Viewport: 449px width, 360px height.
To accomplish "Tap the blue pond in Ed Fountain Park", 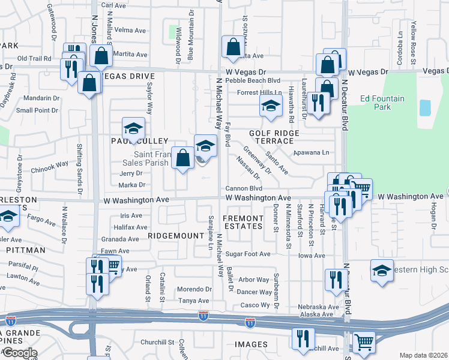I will tap(425, 108).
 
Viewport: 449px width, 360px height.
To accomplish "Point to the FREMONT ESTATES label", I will tap(243, 221).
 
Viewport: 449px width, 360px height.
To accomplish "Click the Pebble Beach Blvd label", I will tap(258, 80).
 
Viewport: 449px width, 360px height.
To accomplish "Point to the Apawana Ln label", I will tap(312, 152).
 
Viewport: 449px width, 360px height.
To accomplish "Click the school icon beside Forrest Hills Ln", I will tap(271, 106).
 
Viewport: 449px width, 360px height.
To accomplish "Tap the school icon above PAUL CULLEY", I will tap(133, 127).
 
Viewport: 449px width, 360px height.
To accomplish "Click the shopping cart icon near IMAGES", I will tap(364, 341).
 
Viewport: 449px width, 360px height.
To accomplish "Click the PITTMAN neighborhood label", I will tap(26, 250).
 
